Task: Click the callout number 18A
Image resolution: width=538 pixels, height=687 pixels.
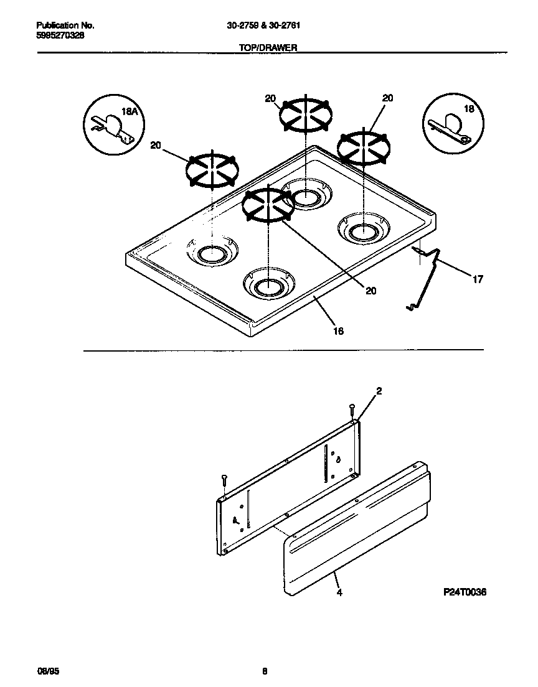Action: click(128, 112)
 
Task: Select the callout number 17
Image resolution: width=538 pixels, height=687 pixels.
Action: click(477, 279)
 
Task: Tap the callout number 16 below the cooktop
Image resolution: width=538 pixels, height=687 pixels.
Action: click(339, 330)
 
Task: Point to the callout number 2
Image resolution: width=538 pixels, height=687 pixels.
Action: click(379, 391)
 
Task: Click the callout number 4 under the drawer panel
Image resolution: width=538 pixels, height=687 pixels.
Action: click(339, 592)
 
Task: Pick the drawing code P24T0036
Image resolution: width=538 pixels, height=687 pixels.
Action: click(464, 592)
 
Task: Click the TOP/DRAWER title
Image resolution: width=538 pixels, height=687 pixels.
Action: click(268, 47)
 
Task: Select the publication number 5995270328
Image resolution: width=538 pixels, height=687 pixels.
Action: click(60, 35)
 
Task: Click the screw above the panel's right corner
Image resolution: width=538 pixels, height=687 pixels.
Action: click(352, 411)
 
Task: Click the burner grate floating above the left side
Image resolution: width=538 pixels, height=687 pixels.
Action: click(212, 169)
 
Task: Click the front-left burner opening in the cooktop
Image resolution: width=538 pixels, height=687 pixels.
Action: click(212, 253)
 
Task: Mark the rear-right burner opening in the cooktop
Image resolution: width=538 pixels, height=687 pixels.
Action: click(361, 231)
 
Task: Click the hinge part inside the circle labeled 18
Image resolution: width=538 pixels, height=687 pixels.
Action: click(448, 129)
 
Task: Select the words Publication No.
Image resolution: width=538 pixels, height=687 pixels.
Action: click(65, 26)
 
